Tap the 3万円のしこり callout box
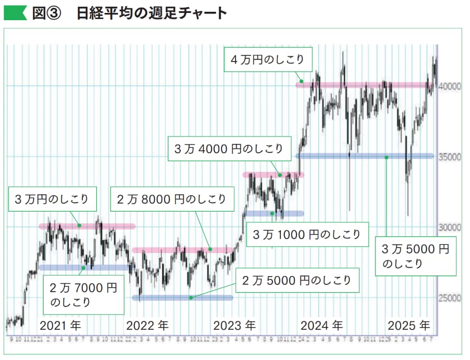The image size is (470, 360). [x=52, y=199]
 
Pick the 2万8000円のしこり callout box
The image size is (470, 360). [x=171, y=199]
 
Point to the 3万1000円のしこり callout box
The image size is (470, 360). [x=308, y=234]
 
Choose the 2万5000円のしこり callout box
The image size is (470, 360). [x=297, y=279]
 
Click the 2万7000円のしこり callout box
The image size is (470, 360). [x=83, y=296]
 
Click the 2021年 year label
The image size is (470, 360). [x=60, y=325]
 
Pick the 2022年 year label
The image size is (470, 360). [x=147, y=325]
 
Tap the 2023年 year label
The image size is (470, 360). [x=234, y=325]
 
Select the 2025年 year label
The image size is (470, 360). [x=409, y=325]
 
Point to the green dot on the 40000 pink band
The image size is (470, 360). [x=300, y=82]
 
